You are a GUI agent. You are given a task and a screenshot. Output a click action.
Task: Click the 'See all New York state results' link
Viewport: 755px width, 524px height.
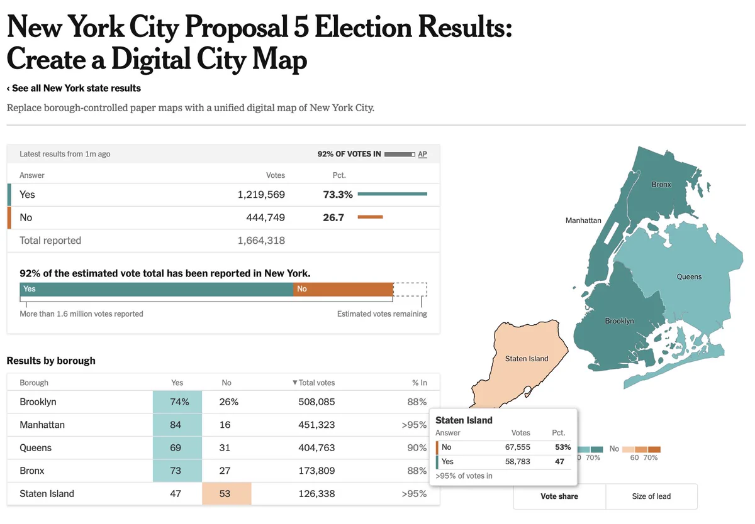pos(74,88)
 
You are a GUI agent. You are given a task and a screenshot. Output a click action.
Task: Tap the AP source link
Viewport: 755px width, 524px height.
pos(422,154)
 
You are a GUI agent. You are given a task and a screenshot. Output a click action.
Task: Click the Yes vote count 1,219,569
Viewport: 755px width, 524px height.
pos(261,195)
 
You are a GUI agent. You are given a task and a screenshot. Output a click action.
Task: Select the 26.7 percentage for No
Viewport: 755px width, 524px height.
pos(333,218)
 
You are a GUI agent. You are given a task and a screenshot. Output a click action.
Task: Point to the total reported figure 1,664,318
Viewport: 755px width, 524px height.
pos(261,241)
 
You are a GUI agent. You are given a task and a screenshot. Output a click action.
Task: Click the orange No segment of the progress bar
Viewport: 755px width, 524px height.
pos(343,289)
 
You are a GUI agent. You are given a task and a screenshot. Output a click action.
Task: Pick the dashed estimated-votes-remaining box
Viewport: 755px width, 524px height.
pos(410,290)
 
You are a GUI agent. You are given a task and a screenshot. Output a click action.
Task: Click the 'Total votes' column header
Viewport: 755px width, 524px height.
pos(313,383)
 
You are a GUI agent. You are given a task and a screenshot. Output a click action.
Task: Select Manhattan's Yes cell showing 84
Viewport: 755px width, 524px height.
pos(177,425)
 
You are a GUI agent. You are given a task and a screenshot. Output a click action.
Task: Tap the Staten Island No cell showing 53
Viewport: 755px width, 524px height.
pos(226,494)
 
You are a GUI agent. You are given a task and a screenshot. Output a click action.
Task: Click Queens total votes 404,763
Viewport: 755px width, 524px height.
pos(316,448)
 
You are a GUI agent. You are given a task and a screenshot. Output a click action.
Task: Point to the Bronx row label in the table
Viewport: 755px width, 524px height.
pos(32,471)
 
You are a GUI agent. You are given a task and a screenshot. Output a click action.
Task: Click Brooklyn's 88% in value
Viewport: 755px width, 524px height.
pos(417,402)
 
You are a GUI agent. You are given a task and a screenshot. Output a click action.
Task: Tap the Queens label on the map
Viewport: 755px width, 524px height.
pos(689,276)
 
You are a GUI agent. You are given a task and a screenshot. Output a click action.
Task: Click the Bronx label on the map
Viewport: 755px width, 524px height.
pos(661,185)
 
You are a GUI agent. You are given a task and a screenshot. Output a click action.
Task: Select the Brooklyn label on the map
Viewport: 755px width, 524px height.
pos(620,321)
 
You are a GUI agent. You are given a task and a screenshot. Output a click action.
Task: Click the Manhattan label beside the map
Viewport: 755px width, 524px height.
pos(583,221)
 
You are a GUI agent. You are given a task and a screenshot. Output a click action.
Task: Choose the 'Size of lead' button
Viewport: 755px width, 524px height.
pos(651,496)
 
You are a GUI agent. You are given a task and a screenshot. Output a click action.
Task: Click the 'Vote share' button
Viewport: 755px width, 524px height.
pos(559,496)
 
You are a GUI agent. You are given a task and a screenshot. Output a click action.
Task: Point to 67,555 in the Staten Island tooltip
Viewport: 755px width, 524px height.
pos(517,447)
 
